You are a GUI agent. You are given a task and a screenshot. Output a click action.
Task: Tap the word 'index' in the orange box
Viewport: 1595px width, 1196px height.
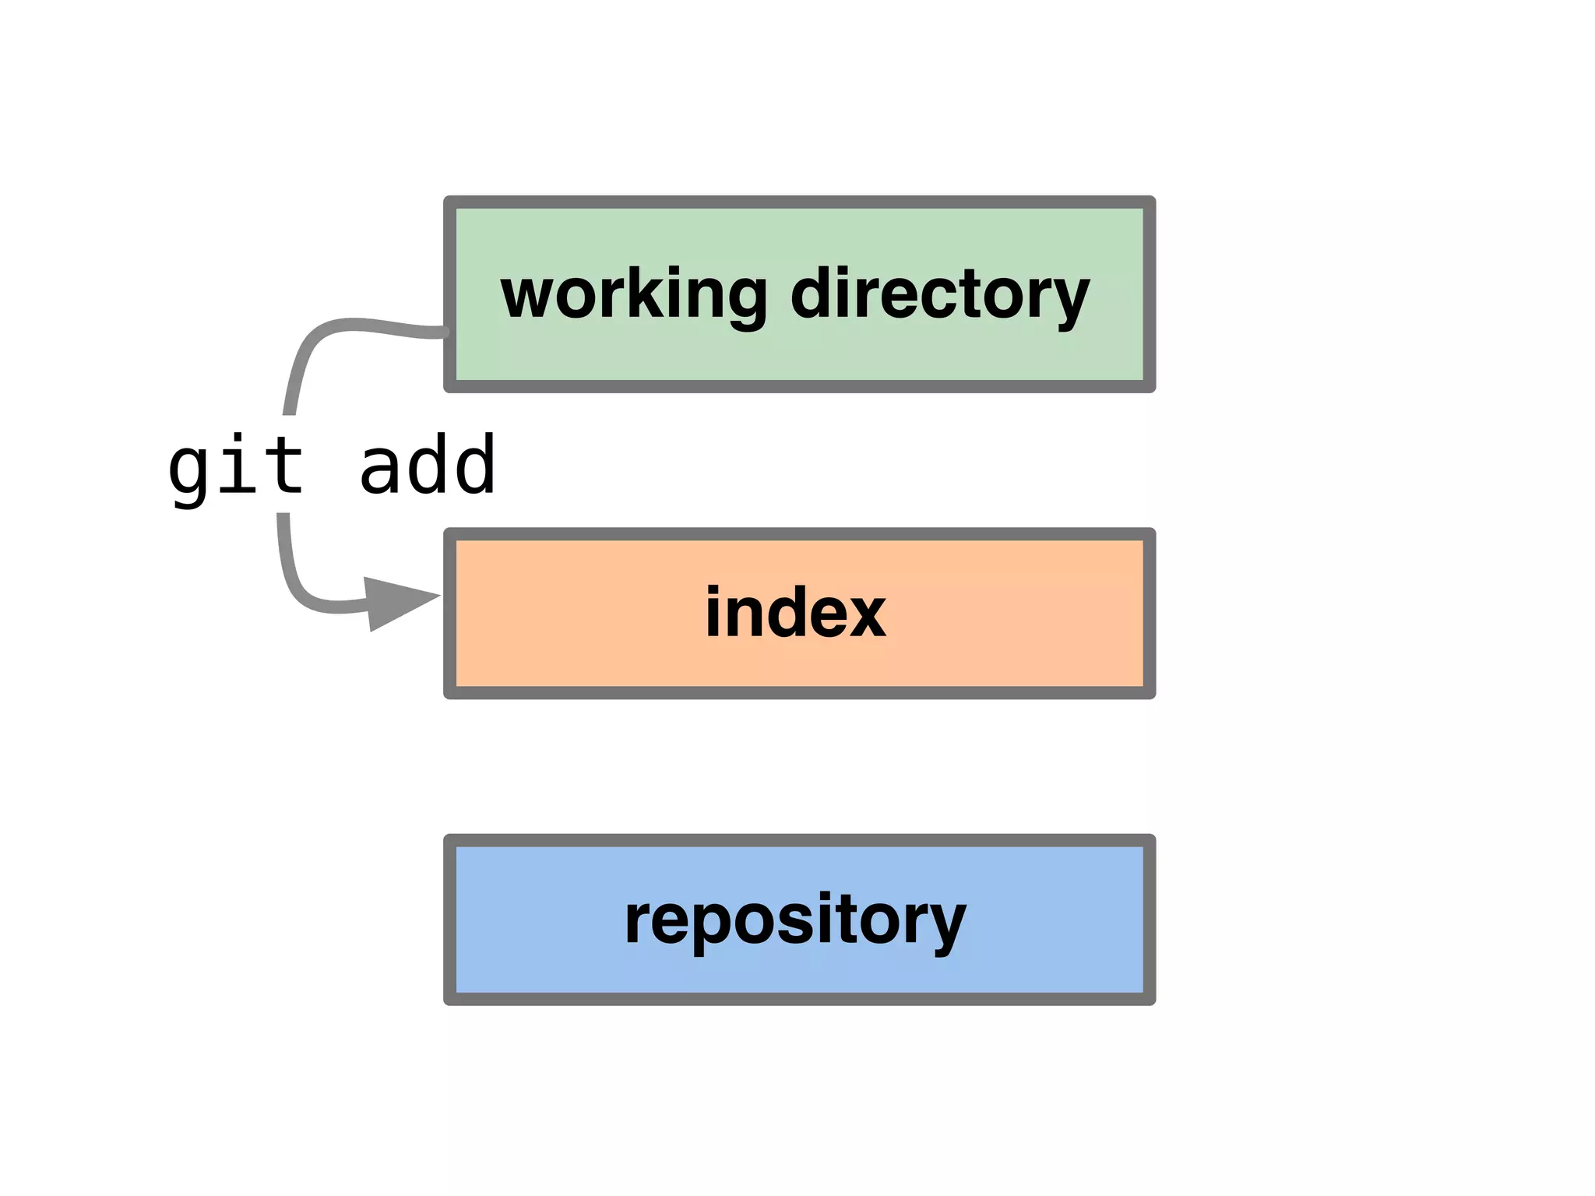point(795,613)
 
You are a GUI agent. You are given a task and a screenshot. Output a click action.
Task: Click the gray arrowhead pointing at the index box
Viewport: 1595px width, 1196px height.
point(397,603)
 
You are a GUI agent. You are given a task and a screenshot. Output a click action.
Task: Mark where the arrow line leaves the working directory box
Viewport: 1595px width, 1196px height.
point(445,332)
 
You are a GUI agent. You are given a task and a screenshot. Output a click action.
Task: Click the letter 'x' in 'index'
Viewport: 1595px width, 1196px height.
point(864,613)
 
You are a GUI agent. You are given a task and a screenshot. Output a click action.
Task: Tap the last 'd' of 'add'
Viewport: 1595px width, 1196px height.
point(474,466)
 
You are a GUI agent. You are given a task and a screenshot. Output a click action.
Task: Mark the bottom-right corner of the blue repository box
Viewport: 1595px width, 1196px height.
point(1150,1000)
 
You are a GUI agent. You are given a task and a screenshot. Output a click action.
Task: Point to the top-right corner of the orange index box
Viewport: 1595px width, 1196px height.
point(1150,533)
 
